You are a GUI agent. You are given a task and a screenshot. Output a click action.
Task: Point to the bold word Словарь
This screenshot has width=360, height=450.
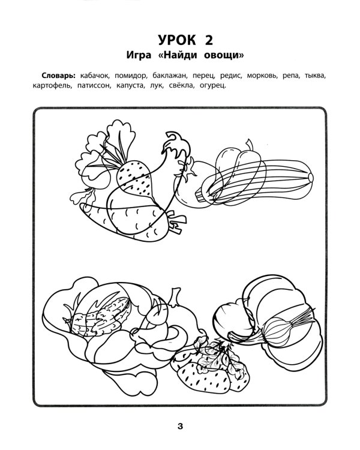(x=58, y=77)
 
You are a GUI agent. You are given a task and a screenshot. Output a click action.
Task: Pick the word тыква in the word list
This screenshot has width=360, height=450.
(x=314, y=77)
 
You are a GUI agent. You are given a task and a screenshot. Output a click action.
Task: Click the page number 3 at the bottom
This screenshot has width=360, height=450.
(x=179, y=427)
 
